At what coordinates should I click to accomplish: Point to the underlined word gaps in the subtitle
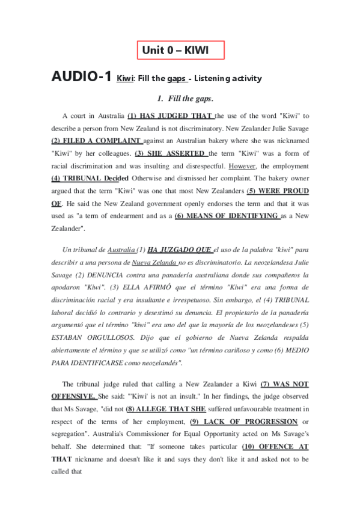click(x=176, y=79)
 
